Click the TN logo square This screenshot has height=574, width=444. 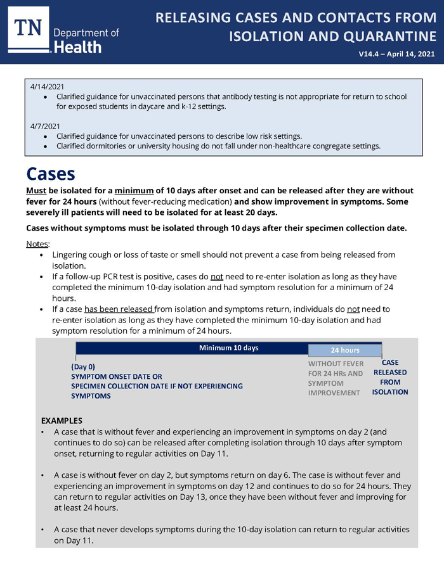click(29, 30)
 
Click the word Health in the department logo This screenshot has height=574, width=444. click(77, 47)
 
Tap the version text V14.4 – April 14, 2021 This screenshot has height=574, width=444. click(396, 54)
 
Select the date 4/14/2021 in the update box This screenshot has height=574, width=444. click(47, 86)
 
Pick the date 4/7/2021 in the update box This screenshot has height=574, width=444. click(45, 126)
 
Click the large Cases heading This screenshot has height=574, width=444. click(51, 174)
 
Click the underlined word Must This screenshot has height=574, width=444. click(36, 191)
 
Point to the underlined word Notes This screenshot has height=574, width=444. click(37, 244)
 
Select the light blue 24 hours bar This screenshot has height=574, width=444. click(345, 350)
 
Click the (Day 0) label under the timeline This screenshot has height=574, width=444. click(83, 367)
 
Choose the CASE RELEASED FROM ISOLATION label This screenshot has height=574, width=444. click(390, 377)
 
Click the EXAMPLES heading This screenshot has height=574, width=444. click(62, 421)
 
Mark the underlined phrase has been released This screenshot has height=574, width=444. click(119, 309)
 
